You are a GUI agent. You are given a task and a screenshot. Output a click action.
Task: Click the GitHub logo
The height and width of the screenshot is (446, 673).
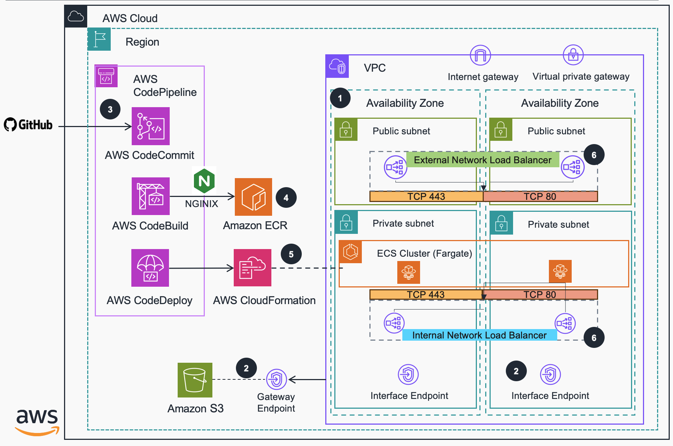pos(28,125)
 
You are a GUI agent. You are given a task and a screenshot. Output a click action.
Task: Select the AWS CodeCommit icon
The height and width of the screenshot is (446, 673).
pos(151,126)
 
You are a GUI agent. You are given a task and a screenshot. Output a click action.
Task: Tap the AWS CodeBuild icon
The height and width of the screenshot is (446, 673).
pos(151,196)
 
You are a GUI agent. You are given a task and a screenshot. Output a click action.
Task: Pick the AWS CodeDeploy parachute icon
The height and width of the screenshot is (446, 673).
pos(150,268)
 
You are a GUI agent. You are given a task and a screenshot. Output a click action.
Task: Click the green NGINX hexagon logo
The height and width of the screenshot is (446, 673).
pos(204,181)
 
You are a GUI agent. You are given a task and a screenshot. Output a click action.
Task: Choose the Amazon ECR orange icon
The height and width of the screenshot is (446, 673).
pos(253,197)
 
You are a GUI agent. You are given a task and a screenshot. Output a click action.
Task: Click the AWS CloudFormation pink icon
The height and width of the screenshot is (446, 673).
pos(253,268)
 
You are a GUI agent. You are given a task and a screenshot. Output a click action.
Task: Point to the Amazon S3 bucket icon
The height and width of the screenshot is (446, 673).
pos(195,380)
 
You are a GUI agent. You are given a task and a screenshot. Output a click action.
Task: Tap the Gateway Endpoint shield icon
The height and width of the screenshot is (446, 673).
pos(276,379)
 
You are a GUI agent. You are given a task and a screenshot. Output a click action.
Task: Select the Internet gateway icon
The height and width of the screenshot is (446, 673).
pos(480,55)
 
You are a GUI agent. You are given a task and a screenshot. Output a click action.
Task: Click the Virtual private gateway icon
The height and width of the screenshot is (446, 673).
pos(573,55)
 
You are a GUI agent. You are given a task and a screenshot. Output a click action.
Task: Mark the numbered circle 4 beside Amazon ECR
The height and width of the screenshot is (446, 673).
pos(286,198)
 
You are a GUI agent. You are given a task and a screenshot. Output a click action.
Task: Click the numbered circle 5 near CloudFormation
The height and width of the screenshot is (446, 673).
pos(291,254)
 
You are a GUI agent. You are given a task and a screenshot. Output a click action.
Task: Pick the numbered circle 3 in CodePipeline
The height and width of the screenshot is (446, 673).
pos(110,109)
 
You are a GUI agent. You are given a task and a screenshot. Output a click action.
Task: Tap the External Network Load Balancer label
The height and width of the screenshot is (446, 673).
pos(483,160)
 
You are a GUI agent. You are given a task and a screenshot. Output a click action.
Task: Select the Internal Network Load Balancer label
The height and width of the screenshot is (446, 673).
pos(479,335)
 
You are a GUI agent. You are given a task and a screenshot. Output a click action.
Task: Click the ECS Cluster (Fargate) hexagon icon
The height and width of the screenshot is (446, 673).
pos(350,252)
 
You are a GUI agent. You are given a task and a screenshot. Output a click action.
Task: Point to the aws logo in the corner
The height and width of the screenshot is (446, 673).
pos(37,422)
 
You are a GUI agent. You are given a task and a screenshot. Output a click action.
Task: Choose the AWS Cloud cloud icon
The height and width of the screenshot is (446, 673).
pos(76,17)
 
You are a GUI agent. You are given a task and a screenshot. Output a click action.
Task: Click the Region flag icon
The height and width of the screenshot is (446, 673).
pos(99,39)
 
